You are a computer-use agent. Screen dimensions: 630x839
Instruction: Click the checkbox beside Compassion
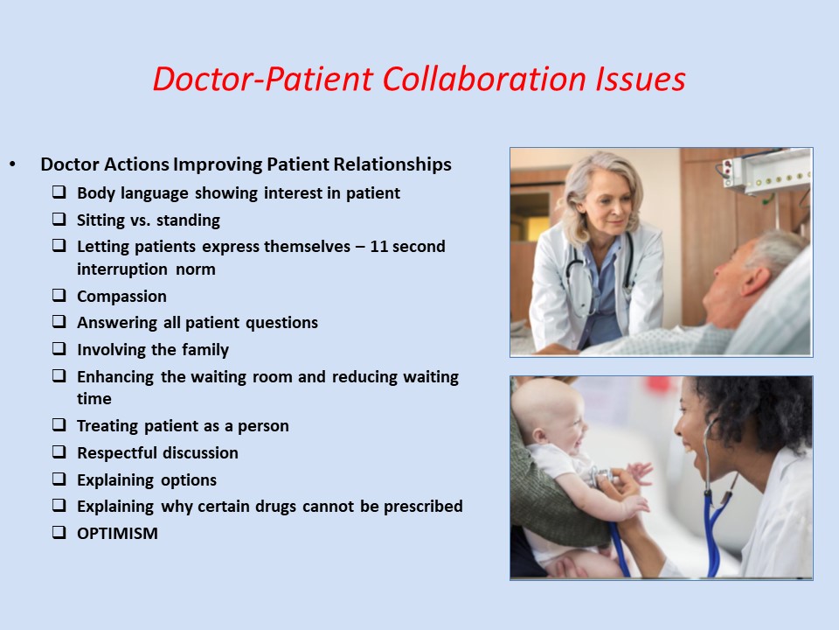point(59,296)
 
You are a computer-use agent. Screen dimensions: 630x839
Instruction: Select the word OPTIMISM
point(117,533)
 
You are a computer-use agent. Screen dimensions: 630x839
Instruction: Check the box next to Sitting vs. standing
point(59,220)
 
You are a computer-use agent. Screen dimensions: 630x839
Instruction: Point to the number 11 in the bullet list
point(378,247)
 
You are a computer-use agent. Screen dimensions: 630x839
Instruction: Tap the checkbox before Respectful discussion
point(59,452)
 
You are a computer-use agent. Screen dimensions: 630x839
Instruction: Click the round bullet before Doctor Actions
point(12,164)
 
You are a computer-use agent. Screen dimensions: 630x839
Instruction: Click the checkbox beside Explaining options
point(59,479)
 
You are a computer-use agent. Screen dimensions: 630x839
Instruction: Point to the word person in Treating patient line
point(264,426)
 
